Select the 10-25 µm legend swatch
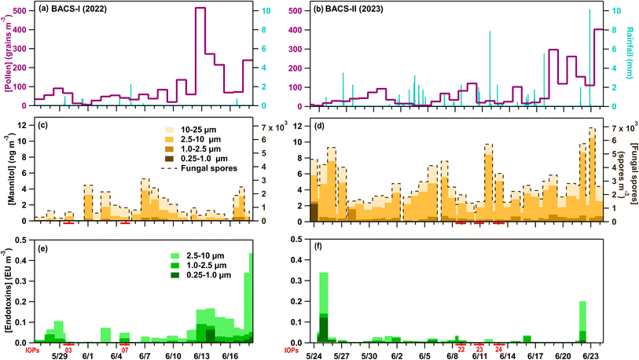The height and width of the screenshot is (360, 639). tap(171, 127)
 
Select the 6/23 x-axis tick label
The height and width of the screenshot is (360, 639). tap(591, 356)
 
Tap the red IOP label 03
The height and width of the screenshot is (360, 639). tap(69, 348)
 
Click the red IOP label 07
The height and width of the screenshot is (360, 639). tap(125, 348)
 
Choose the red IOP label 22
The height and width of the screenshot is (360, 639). tap(461, 348)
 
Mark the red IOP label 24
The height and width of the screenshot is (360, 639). tap(498, 348)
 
